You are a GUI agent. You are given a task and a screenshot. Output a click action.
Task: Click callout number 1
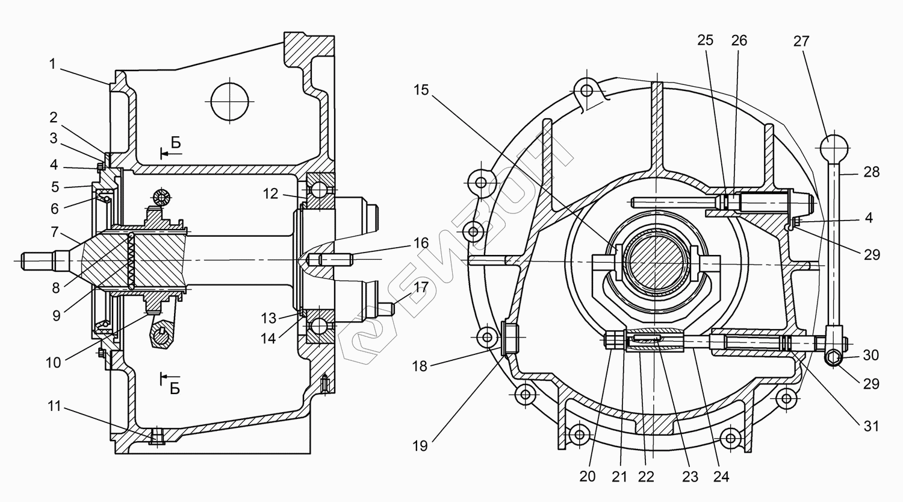point(52,64)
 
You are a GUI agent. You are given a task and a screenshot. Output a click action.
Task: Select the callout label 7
point(54,232)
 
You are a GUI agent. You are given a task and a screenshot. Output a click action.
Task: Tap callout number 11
point(54,407)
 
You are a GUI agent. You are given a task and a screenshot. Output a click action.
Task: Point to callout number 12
point(270,193)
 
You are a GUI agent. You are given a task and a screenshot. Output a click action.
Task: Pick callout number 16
point(421,243)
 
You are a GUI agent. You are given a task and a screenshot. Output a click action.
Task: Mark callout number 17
point(421,287)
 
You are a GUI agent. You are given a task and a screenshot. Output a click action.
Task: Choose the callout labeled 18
point(420,365)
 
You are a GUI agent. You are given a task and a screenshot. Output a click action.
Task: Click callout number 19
point(420,445)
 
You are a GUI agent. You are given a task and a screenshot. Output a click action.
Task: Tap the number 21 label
point(619,476)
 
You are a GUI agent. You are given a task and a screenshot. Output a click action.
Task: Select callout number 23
point(690,476)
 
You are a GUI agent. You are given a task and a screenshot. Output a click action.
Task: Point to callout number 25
point(705,40)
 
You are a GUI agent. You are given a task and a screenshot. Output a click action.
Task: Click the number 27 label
point(801,41)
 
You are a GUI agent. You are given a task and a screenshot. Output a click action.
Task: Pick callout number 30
point(870,355)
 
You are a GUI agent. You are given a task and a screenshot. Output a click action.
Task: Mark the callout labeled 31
point(871,426)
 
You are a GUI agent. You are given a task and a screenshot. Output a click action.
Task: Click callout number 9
point(56,315)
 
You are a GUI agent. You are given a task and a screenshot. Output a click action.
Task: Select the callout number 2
point(54,117)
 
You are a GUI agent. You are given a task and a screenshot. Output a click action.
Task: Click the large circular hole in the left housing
point(230,101)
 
